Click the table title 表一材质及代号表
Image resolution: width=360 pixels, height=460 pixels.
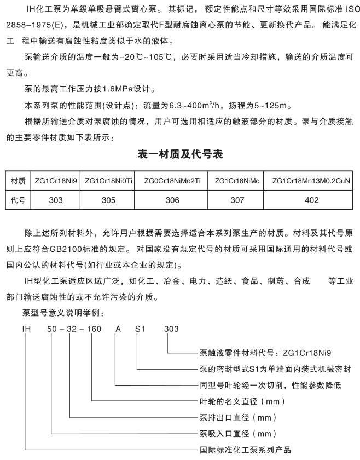pos(179,155)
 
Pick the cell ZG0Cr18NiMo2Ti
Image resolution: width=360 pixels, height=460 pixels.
pos(172,181)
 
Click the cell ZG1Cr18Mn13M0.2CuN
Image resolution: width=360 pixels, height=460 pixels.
pos(311,181)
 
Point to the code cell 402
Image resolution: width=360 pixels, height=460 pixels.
pos(311,200)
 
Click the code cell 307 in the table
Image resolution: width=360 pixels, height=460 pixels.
pos(237,200)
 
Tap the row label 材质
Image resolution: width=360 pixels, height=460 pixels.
pos(19,181)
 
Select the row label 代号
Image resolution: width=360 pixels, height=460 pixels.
pos(19,200)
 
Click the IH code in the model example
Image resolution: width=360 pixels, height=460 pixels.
pos(25,329)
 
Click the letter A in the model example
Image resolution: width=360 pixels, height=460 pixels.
pos(116,329)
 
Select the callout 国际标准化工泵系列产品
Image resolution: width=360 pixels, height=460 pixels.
pos(244,450)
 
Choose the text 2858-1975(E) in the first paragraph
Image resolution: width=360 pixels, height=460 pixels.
pos(32,26)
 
